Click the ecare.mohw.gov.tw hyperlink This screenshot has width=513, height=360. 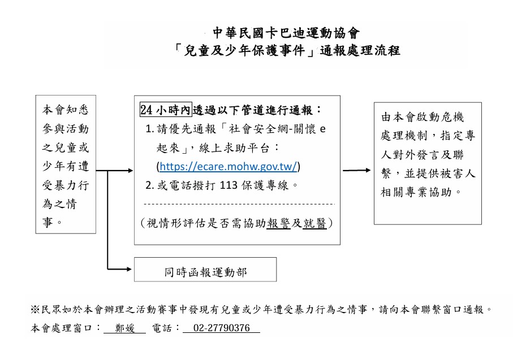pos(229,166)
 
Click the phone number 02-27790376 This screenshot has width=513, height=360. pos(221,328)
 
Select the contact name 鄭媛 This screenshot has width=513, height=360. pos(124,328)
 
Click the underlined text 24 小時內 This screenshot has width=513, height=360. pos(166,110)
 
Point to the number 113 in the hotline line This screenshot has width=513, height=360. pos(228,185)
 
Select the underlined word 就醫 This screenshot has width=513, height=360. pos(314,223)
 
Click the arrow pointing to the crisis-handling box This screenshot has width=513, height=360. pos(357,170)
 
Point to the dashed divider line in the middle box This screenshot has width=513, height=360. pos(239,203)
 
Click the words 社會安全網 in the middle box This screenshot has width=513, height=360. pos(258,129)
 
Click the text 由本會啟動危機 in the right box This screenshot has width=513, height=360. pos(423,118)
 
